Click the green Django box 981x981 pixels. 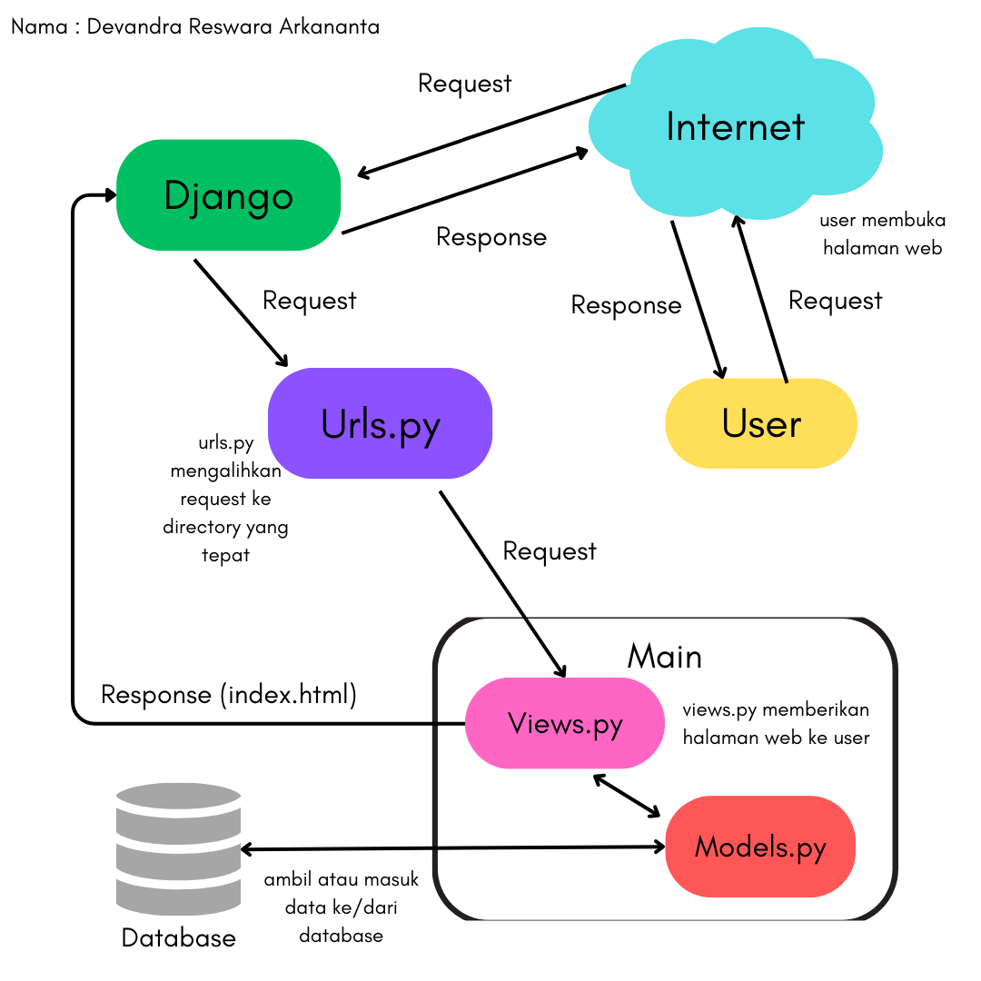click(x=228, y=195)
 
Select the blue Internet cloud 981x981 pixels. click(x=735, y=127)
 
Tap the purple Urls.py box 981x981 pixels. click(x=380, y=423)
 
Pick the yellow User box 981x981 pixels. click(x=761, y=423)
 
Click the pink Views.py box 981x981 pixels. click(x=565, y=723)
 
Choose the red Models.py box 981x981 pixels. click(x=760, y=847)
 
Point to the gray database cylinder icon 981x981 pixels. click(x=178, y=850)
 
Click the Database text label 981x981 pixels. click(x=178, y=937)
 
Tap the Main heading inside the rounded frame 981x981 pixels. click(x=664, y=656)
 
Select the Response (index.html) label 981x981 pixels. click(x=229, y=695)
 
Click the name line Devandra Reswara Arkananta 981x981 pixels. click(x=195, y=26)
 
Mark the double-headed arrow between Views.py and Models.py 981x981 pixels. click(x=627, y=795)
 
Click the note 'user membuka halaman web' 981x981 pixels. click(x=882, y=233)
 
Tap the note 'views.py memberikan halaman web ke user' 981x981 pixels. click(x=776, y=723)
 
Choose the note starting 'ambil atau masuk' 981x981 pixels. click(x=342, y=907)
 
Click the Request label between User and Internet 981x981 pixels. click(x=835, y=301)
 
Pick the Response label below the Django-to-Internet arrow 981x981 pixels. click(x=491, y=237)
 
